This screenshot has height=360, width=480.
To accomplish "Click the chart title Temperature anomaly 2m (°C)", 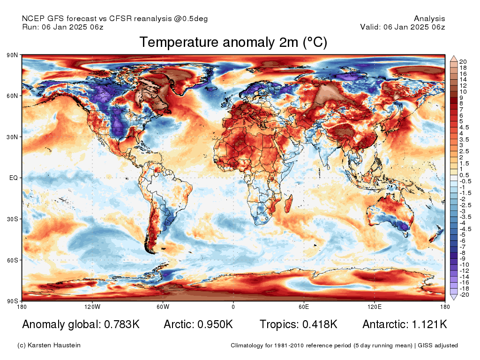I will tap(233, 42).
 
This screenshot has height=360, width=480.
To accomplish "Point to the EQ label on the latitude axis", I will tap(14, 178).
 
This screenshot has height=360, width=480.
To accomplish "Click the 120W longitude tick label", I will tap(92, 307).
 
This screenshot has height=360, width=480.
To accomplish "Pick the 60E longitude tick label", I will tap(303, 307).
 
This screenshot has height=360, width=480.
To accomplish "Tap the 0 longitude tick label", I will tap(233, 307).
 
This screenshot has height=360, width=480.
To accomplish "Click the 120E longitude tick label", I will tap(374, 307).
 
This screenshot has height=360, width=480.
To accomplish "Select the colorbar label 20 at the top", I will tap(463, 62).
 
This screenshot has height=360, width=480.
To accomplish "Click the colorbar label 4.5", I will tap(463, 127).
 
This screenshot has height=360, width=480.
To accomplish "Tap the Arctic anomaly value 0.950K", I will tap(213, 324).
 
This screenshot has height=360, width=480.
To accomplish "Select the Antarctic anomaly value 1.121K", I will tap(427, 324).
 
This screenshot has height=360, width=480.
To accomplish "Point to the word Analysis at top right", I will tap(429, 19).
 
